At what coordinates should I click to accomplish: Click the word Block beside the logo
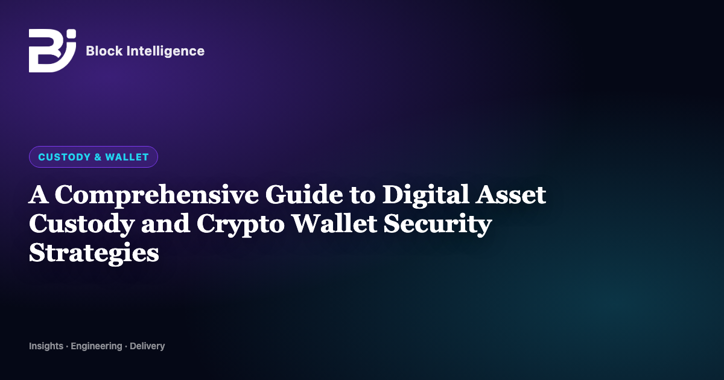pos(104,51)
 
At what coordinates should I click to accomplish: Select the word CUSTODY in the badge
pos(65,157)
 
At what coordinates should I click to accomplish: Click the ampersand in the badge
pos(98,157)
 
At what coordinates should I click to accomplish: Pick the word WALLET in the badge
pos(127,157)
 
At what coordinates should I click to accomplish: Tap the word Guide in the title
pos(304,194)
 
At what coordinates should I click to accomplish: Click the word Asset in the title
pos(510,195)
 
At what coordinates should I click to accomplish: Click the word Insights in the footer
pos(46,346)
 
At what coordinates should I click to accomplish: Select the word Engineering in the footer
pos(97,347)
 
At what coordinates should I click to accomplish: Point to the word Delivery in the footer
pos(147,347)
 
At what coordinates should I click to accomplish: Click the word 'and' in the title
pos(165,224)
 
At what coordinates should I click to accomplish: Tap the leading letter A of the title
pos(39,194)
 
